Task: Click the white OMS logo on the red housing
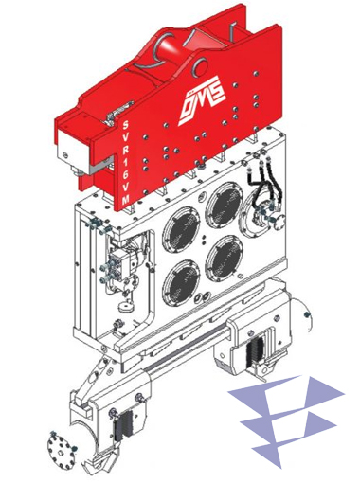tap(202, 100)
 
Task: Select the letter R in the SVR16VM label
tap(125, 150)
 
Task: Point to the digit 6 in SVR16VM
tap(126, 175)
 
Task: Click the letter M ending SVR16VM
tap(126, 200)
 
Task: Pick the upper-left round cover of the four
tap(181, 230)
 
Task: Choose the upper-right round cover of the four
tap(225, 206)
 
